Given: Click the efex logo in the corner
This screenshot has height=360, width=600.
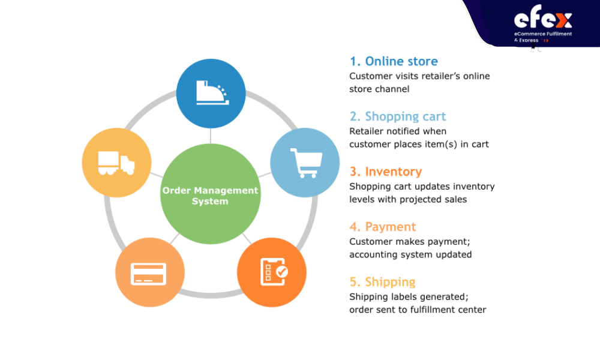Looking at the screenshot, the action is point(542,17).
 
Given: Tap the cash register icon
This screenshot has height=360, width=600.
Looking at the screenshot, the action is point(212,92).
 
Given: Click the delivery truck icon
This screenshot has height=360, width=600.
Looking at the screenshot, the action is point(116,163).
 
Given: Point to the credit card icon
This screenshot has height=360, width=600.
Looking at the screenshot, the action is point(148,274).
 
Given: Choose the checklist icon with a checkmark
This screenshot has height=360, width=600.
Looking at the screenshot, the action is point(274,272).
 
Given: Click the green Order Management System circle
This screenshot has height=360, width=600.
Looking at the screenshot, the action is point(211,194).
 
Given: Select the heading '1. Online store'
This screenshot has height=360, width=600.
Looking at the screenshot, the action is point(394,61).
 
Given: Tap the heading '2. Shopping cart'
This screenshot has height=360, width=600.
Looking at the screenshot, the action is point(398,116).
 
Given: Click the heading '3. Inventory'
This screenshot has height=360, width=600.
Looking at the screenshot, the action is point(386,172).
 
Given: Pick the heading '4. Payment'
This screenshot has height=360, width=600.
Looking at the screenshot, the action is point(383,227).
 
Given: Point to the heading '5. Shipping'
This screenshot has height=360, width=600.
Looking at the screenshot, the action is point(383,282).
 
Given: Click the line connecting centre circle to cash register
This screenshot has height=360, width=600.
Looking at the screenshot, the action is point(211,136).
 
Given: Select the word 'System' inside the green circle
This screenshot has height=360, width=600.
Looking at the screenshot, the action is point(210,201).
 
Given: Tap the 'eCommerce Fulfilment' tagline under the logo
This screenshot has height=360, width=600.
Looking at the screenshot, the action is point(543,34).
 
